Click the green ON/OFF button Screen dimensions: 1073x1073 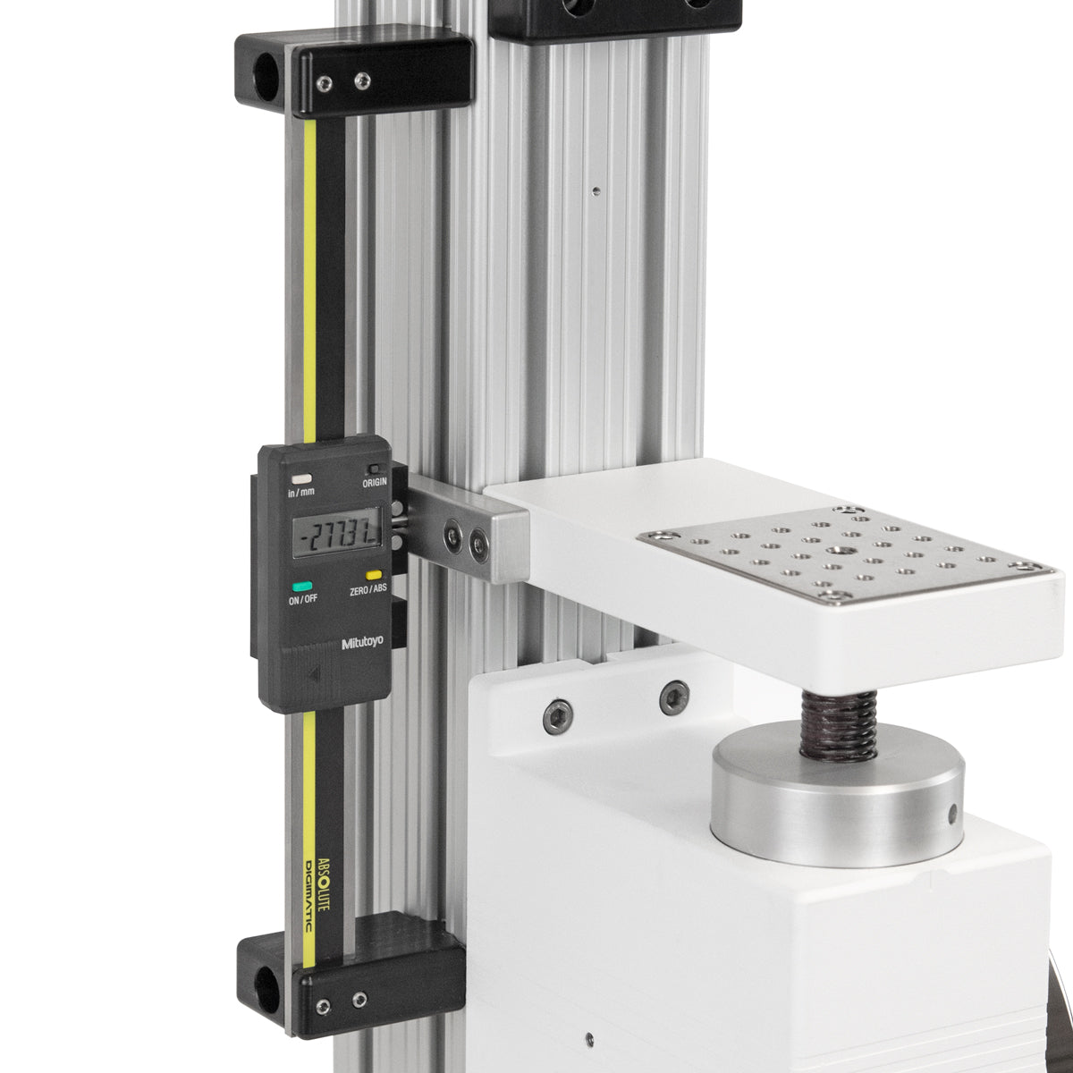[x=302, y=586]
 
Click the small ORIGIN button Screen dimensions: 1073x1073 [x=373, y=469]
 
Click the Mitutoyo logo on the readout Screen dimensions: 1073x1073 [x=364, y=643]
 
